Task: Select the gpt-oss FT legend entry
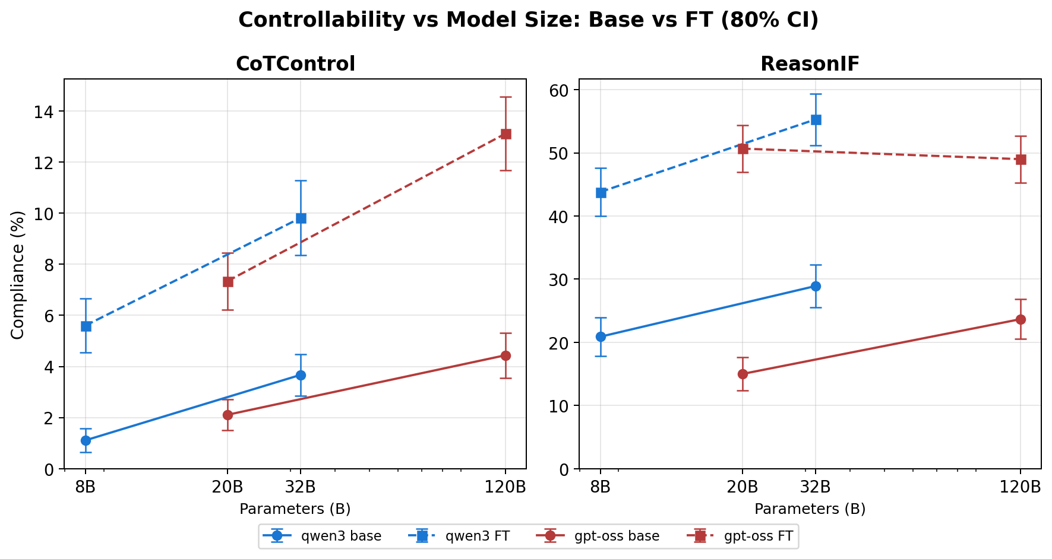coord(743,536)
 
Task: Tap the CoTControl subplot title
coord(295,64)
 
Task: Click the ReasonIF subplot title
coord(810,64)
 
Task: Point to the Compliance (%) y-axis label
coord(18,275)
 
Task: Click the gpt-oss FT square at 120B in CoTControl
coord(506,134)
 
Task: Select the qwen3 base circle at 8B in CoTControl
coord(86,440)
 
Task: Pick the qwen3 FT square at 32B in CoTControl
coord(301,218)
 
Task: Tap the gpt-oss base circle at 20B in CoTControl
coord(228,415)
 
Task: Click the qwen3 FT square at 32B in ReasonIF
coord(816,120)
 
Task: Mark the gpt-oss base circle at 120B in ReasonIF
coord(1021,319)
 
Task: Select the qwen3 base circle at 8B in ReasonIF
coord(601,336)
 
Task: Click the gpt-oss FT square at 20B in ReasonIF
coord(743,149)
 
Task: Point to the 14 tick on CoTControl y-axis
coord(48,112)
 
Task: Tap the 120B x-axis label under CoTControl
coord(506,487)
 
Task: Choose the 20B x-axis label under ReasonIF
coord(743,487)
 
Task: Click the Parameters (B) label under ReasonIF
coord(810,509)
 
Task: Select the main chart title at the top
coord(528,20)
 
